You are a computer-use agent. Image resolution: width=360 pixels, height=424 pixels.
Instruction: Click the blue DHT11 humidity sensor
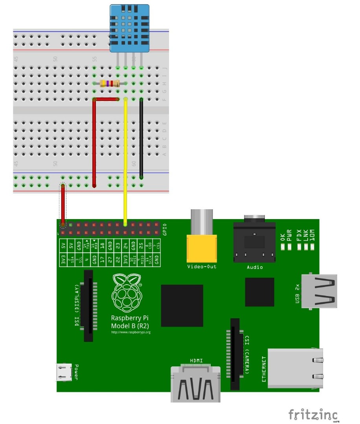click(x=129, y=28)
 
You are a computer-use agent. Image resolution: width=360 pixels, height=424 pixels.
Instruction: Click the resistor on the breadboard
click(x=110, y=83)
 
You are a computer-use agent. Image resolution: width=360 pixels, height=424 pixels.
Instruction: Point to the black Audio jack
click(x=255, y=242)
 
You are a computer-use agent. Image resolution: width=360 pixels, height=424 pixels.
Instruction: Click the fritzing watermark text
click(x=313, y=414)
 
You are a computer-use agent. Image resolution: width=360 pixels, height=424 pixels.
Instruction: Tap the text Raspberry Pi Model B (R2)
click(x=130, y=322)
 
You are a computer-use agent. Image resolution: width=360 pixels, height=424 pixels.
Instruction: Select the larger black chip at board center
click(x=182, y=306)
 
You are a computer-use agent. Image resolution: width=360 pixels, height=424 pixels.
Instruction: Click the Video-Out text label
click(x=202, y=267)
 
